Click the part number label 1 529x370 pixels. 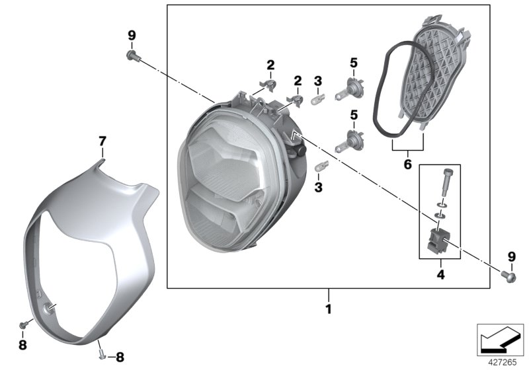pos(328,309)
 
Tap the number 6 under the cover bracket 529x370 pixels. pos(407,161)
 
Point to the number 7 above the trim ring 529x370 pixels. pos(102,141)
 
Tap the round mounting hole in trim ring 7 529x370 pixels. pos(49,307)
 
